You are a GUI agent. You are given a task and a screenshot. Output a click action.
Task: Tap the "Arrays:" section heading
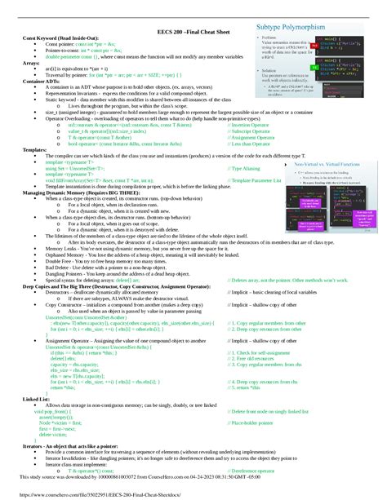[x=31, y=62]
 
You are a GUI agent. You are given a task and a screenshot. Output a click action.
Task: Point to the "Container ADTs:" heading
[x=43, y=82]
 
